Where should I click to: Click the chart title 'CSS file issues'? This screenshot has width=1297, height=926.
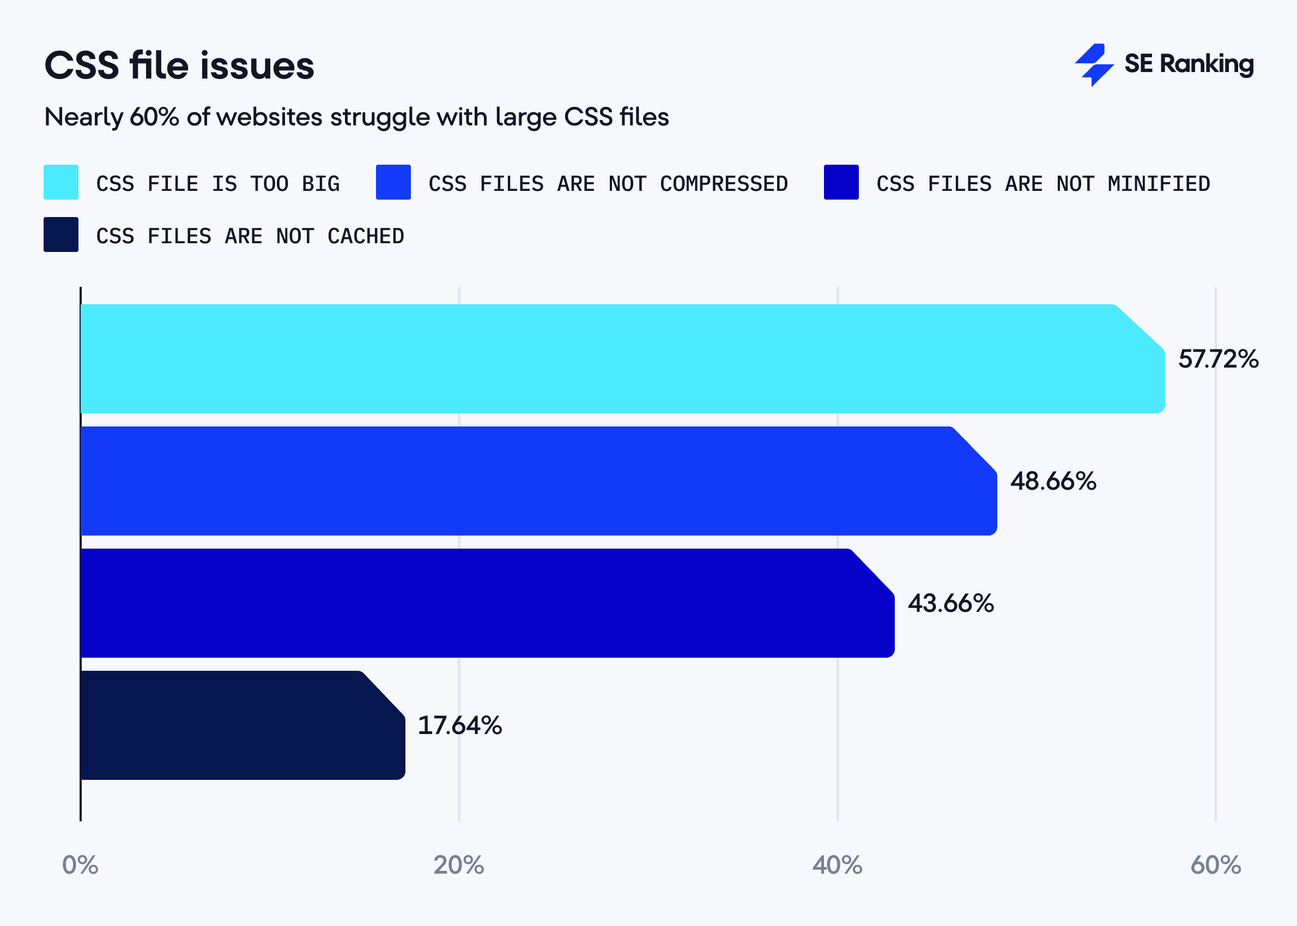click(x=179, y=65)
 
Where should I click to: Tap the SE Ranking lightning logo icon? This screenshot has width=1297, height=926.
click(x=1094, y=64)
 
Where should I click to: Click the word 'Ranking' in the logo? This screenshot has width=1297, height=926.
click(x=1207, y=64)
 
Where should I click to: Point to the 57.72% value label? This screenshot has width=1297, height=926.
click(x=1218, y=359)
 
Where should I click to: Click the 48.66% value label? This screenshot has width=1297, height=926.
click(x=1053, y=481)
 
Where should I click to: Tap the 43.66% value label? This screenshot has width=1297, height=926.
click(x=950, y=603)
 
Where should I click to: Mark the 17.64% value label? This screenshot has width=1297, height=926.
click(x=459, y=725)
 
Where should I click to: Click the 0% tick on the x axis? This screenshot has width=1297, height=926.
click(x=80, y=865)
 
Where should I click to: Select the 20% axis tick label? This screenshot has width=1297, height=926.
click(x=459, y=865)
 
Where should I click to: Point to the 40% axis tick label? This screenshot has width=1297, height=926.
click(x=837, y=865)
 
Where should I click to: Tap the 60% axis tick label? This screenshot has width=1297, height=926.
click(x=1215, y=865)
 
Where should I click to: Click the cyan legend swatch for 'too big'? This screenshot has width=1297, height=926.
click(x=61, y=182)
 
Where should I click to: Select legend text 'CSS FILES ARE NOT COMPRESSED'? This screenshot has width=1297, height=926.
click(x=608, y=184)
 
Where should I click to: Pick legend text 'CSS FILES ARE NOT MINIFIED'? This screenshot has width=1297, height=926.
click(x=1043, y=184)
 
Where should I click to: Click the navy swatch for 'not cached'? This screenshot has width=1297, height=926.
click(x=61, y=234)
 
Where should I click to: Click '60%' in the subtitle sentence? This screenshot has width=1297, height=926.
click(x=154, y=117)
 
